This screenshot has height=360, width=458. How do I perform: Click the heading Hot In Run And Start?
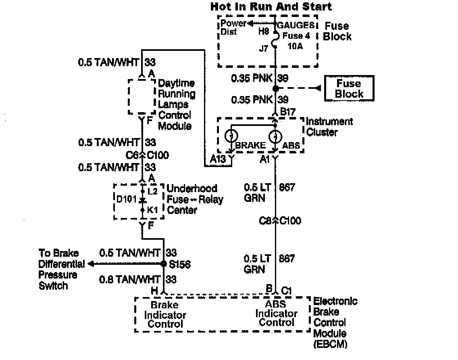click(x=271, y=6)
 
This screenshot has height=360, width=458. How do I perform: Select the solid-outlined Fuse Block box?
click(x=349, y=88)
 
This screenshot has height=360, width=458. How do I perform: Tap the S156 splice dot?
click(x=163, y=264)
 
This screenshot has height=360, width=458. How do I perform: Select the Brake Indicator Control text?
click(x=165, y=315)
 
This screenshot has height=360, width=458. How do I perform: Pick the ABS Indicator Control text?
click(x=276, y=313)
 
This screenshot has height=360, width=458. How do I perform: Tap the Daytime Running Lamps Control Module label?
click(x=176, y=105)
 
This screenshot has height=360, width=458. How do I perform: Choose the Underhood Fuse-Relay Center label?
click(x=194, y=199)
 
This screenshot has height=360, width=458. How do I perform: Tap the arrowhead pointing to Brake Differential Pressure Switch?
click(x=91, y=264)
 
